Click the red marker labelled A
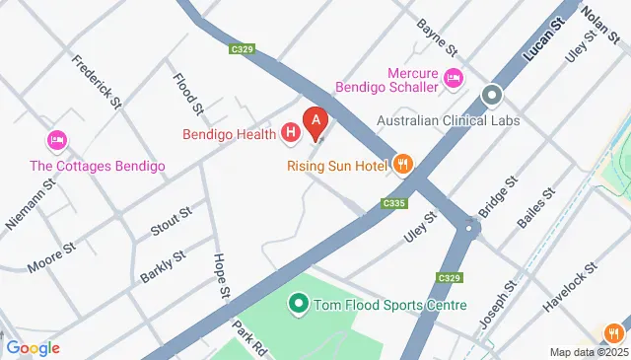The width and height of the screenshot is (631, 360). (x=315, y=123)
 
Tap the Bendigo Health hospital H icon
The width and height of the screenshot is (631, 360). (x=292, y=132)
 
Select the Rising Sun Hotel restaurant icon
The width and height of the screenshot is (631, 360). (x=402, y=164)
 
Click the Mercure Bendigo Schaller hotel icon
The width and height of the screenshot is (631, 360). (x=454, y=78)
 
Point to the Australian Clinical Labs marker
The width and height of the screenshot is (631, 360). (x=492, y=97)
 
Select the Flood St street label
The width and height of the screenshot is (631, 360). (x=187, y=94)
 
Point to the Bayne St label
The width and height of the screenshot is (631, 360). (x=438, y=36)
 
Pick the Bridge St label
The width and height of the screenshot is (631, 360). (x=498, y=197)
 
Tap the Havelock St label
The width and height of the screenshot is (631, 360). (x=571, y=287)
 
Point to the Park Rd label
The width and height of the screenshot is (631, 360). (x=250, y=336)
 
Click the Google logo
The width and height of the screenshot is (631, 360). (x=33, y=347)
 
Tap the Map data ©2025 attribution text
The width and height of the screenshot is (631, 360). (x=588, y=352)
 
